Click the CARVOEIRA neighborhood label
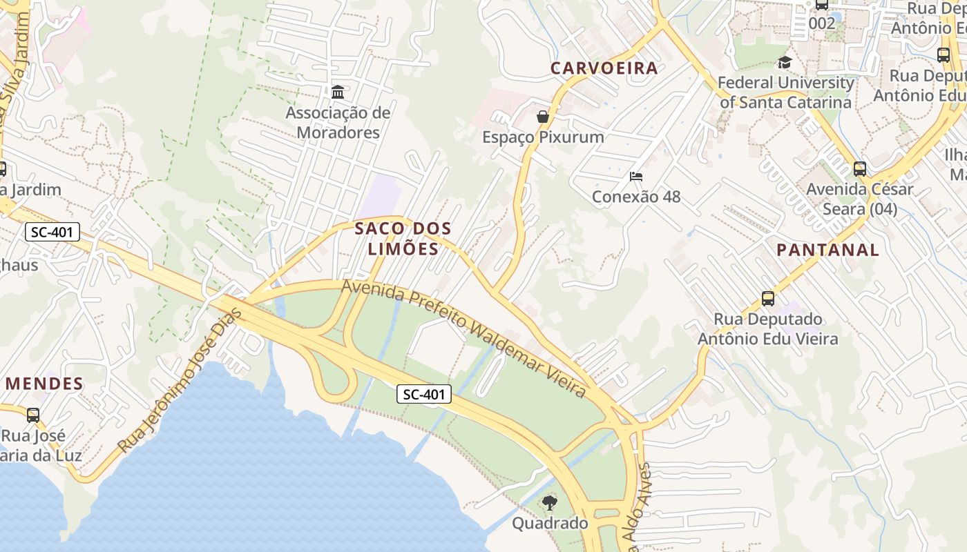[604, 68]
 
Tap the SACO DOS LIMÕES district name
[403, 239]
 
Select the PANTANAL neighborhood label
[828, 250]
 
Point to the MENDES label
[44, 384]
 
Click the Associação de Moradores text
[338, 122]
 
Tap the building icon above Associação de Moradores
[338, 92]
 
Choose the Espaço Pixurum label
[543, 137]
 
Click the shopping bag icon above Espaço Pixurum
[543, 116]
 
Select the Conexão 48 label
[636, 197]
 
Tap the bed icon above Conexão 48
[636, 177]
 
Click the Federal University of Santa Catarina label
[786, 92]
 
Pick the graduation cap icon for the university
[785, 63]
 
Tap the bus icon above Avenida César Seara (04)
[860, 168]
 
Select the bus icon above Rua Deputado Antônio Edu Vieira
[768, 299]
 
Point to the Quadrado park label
[550, 523]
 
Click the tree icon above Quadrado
[550, 502]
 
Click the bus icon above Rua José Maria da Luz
[33, 415]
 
